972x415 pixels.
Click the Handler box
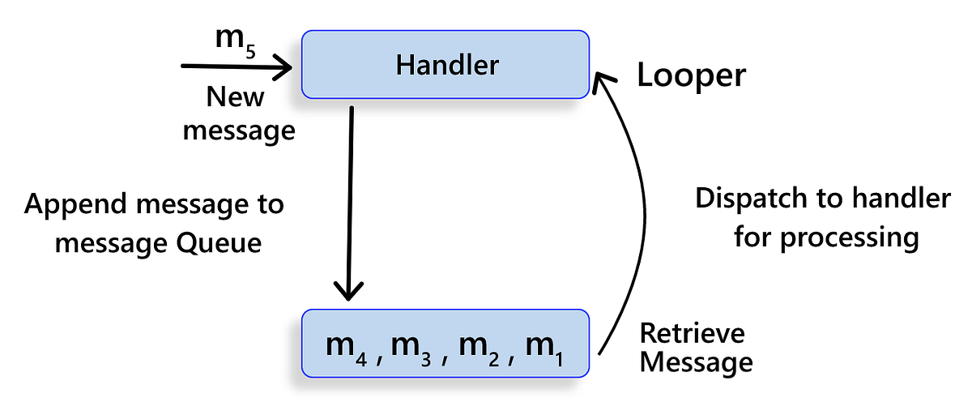pyautogui.click(x=446, y=65)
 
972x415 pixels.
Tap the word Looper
pyautogui.click(x=691, y=75)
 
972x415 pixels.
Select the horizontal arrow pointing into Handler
pyautogui.click(x=235, y=67)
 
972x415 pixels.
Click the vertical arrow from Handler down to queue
pyautogui.click(x=350, y=203)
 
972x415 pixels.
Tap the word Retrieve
pyautogui.click(x=692, y=332)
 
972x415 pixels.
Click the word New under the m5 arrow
pyautogui.click(x=235, y=97)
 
